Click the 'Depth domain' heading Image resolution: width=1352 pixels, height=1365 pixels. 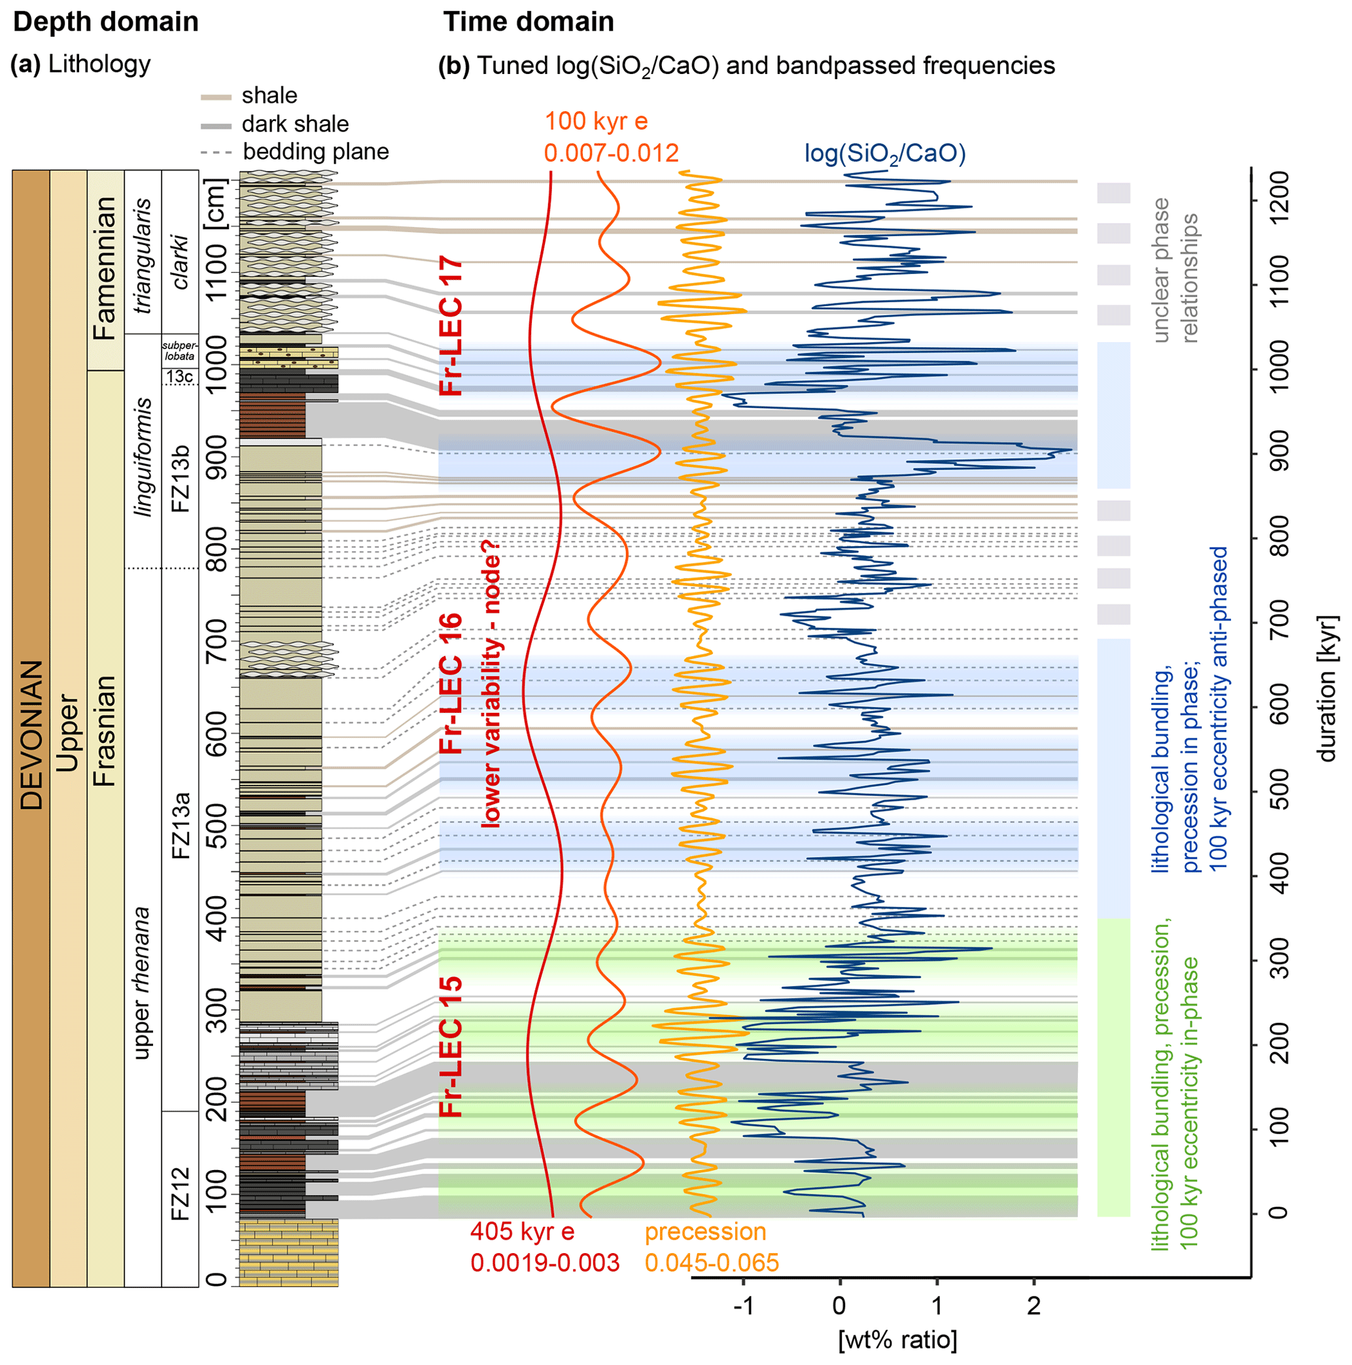point(105,22)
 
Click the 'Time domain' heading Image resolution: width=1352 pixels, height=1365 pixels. point(528,22)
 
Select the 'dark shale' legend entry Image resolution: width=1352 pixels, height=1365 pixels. point(295,124)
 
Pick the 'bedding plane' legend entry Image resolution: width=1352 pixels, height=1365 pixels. point(315,151)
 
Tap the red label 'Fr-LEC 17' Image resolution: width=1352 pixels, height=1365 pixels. point(451,326)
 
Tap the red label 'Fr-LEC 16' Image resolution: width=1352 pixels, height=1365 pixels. point(451,683)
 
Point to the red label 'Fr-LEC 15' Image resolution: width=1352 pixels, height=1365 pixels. point(451,1046)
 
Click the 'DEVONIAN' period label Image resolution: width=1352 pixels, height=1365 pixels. point(31,734)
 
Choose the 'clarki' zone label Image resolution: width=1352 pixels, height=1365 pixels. point(181,262)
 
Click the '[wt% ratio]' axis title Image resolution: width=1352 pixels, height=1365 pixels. point(897,1339)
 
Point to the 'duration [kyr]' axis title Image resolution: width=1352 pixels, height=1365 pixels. point(1327,689)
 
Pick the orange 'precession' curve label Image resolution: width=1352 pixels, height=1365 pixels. point(705,1232)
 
